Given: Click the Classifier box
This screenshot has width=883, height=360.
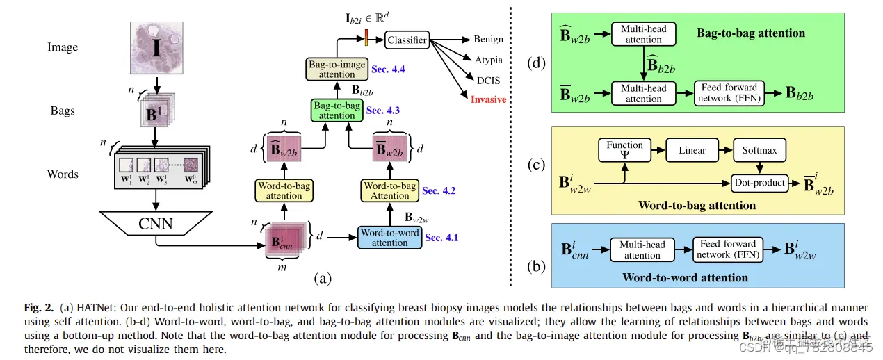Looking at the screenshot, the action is [407, 40].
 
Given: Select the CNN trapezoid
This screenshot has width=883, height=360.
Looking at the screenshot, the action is [156, 223].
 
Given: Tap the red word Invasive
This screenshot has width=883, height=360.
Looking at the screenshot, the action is [488, 99].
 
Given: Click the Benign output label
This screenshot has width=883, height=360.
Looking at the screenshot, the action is [488, 39].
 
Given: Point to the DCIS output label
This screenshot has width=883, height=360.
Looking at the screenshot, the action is [488, 81].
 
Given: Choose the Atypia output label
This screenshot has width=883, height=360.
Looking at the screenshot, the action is [488, 60].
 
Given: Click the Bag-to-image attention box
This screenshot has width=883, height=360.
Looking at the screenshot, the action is [337, 69].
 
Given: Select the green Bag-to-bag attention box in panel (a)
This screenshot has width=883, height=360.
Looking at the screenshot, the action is [337, 111].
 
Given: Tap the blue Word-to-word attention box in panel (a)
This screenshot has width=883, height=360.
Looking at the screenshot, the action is [389, 238].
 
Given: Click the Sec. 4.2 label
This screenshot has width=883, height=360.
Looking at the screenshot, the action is [439, 190].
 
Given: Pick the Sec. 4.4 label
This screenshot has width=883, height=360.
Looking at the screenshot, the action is [388, 69].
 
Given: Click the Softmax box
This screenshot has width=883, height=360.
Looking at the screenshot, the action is [759, 150].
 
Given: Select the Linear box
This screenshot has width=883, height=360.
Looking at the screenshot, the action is [692, 150].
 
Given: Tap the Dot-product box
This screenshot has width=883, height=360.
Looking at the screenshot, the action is [760, 183].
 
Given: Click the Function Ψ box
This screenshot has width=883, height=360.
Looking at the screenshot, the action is [624, 150].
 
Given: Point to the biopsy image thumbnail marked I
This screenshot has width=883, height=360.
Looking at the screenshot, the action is [156, 48].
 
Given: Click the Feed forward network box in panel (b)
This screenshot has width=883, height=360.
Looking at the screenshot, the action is [728, 249].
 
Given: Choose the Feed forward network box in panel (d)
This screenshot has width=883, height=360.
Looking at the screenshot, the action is [729, 93].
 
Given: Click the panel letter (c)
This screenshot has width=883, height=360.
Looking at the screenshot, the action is [537, 165].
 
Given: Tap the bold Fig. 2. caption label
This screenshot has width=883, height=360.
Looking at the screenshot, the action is [39, 308].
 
